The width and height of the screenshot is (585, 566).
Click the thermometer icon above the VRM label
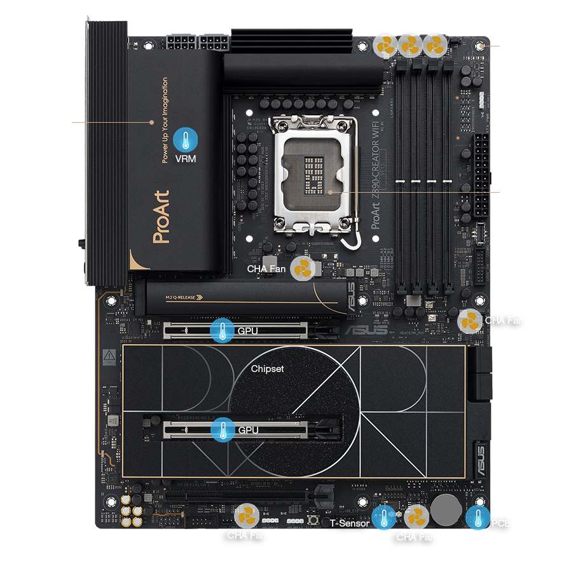[185, 139]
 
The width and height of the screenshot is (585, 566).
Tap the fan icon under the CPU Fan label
[386, 46]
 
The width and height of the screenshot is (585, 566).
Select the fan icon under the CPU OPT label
[411, 46]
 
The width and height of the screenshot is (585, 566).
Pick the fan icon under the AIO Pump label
[436, 46]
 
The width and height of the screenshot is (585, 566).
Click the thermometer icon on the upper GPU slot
[223, 331]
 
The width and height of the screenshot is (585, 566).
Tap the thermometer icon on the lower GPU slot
[223, 429]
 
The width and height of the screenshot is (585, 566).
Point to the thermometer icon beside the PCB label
[478, 518]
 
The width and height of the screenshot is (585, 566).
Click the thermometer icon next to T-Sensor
[383, 518]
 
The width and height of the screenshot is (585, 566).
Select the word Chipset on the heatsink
[267, 368]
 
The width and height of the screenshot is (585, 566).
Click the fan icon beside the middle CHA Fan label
[303, 269]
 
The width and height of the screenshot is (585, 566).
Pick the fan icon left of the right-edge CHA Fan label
[471, 321]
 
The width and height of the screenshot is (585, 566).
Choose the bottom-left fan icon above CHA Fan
[247, 516]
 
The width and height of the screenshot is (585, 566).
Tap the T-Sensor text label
[349, 523]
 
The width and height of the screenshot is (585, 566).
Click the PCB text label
[501, 523]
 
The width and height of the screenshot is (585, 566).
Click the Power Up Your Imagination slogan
[165, 121]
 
